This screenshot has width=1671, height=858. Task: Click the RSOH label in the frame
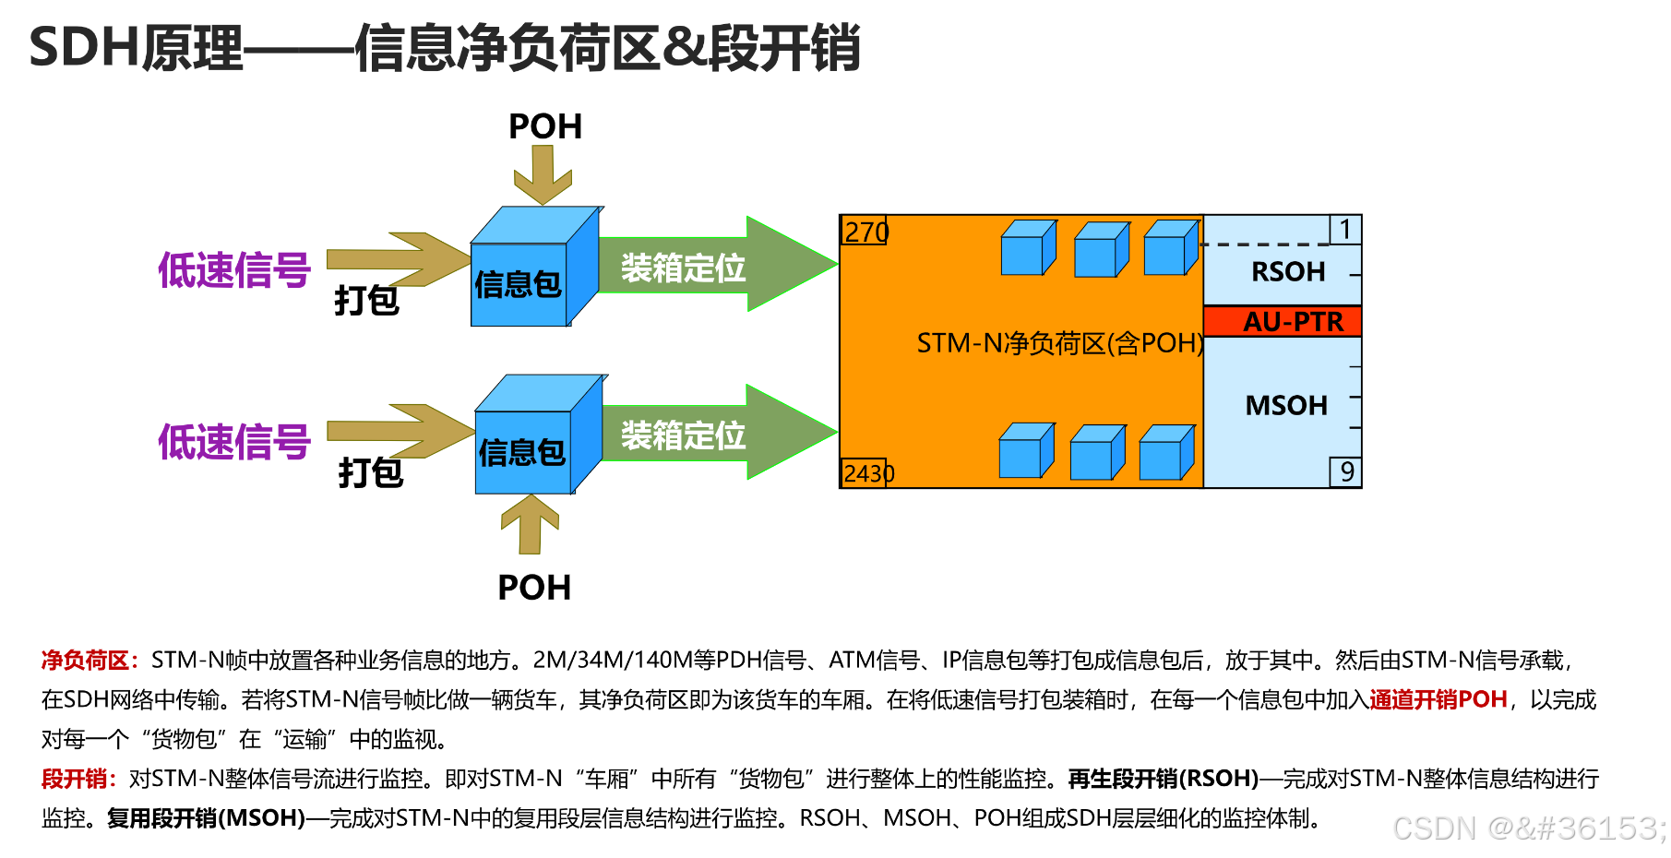pyautogui.click(x=1287, y=272)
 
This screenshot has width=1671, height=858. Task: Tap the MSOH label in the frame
pyautogui.click(x=1286, y=406)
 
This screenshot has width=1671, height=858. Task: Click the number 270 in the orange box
pyautogui.click(x=865, y=232)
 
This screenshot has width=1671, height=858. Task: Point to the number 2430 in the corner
pyautogui.click(x=867, y=473)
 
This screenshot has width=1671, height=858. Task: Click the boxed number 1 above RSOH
pyautogui.click(x=1345, y=230)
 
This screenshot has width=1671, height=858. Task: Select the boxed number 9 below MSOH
pyautogui.click(x=1346, y=472)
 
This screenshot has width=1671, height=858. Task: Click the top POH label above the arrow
pyautogui.click(x=545, y=127)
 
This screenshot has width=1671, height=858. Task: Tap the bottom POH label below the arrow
pyautogui.click(x=534, y=588)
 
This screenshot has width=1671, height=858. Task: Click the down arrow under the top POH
pyautogui.click(x=543, y=175)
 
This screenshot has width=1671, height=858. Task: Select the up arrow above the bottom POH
pyautogui.click(x=531, y=524)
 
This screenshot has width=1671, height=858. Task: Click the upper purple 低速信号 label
pyautogui.click(x=234, y=270)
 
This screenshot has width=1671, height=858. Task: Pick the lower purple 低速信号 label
pyautogui.click(x=234, y=442)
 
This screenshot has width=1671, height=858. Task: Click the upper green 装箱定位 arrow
pyautogui.click(x=701, y=267)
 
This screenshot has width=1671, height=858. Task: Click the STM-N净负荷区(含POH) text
pyautogui.click(x=1059, y=344)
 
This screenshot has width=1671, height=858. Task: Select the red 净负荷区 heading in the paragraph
pyautogui.click(x=85, y=661)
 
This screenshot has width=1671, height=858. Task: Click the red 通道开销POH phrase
pyautogui.click(x=1438, y=700)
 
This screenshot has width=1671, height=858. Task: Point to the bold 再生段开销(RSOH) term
pyautogui.click(x=1163, y=779)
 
